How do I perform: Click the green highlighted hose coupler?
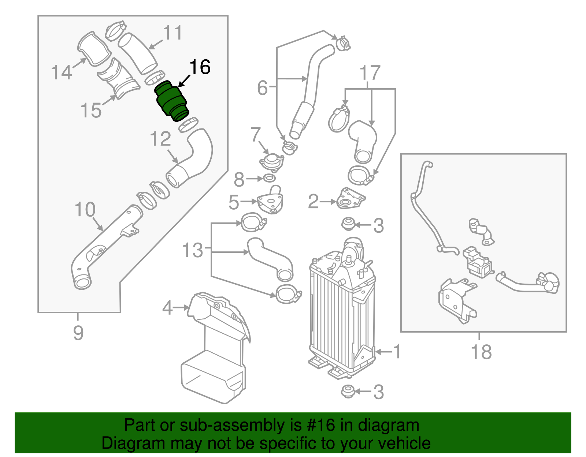click(x=171, y=101)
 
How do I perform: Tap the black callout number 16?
click(x=200, y=67)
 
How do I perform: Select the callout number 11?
click(x=173, y=33)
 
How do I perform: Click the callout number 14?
click(x=61, y=72)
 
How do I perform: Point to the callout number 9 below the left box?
click(x=78, y=333)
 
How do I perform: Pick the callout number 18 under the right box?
click(x=481, y=352)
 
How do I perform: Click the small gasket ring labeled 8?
click(x=269, y=179)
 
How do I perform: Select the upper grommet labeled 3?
click(x=347, y=224)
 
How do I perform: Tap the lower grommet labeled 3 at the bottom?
click(x=347, y=392)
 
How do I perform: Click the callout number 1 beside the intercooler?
click(x=397, y=351)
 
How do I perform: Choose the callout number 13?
click(x=193, y=251)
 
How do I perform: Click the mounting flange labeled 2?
click(x=350, y=199)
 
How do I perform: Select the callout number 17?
click(x=370, y=73)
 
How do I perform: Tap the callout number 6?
click(x=262, y=88)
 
